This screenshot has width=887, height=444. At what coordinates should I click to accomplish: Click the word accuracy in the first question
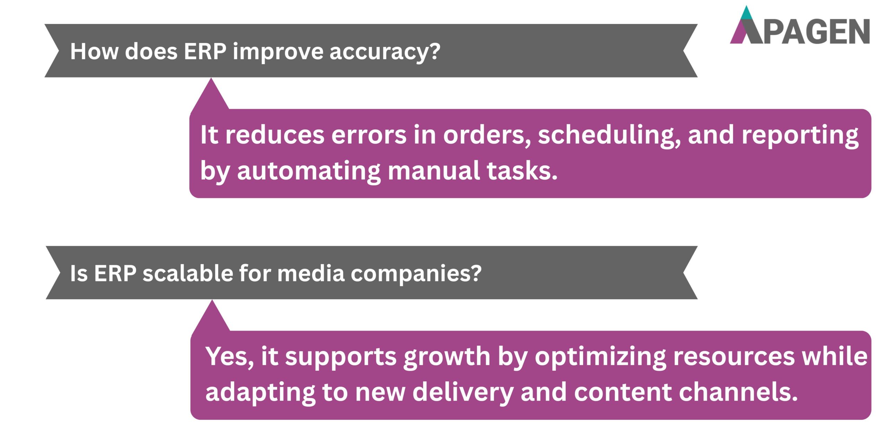(x=385, y=52)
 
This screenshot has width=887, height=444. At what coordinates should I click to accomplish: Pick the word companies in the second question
(x=416, y=274)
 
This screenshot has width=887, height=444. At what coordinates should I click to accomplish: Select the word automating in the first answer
(x=309, y=171)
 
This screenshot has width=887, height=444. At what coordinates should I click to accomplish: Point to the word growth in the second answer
(x=447, y=357)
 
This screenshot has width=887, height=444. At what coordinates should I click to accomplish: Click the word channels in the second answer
(x=738, y=392)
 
